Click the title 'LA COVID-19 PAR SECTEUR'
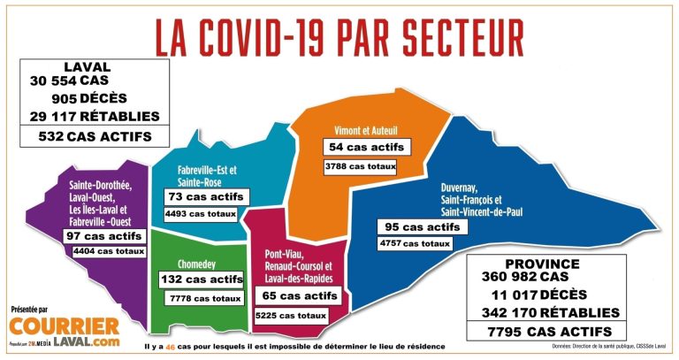click(339, 36)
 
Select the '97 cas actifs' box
click(104, 236)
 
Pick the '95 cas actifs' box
click(419, 226)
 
